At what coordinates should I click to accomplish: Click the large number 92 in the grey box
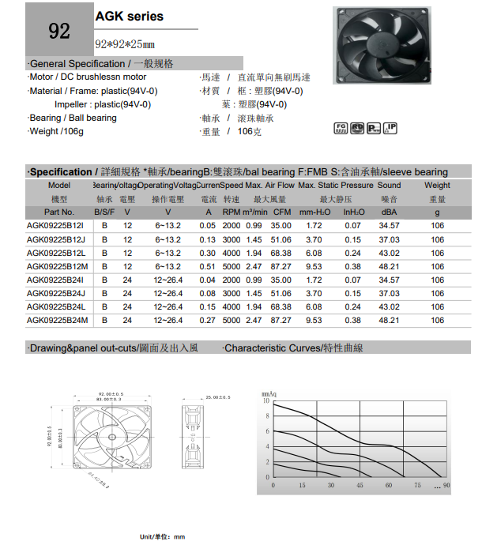coord(59,31)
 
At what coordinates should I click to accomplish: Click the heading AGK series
coord(130,16)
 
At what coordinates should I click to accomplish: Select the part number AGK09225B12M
coord(56,266)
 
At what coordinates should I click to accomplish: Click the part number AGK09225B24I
coord(55,280)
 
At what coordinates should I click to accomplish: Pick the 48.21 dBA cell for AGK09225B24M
coord(389,320)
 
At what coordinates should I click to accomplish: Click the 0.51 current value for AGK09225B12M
coord(208,266)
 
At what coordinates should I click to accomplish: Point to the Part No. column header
coord(59,212)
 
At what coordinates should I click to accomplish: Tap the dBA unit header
coord(389,212)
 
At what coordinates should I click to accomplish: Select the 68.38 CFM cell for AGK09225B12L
coord(281,253)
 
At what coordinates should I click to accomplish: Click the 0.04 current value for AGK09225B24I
coord(208,280)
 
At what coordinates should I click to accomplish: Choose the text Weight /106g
coord(56,131)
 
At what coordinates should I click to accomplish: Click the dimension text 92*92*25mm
coord(125,44)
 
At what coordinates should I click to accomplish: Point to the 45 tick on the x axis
coord(360,485)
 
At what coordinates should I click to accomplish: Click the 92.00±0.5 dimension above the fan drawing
coord(111,393)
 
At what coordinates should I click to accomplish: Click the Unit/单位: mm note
coord(162,537)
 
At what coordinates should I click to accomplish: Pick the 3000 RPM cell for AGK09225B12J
coord(231,239)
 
